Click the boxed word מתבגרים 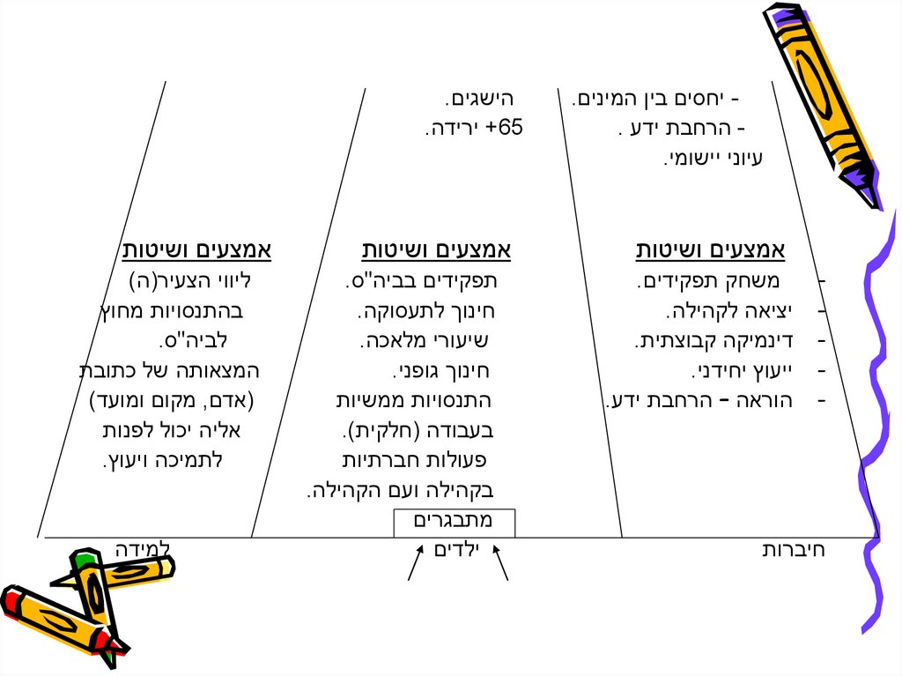[453, 522]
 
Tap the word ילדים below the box [455, 551]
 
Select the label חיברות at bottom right [793, 551]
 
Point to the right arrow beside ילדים [501, 564]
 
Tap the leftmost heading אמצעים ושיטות [196, 252]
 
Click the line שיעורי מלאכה [430, 341]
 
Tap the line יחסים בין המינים [655, 99]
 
